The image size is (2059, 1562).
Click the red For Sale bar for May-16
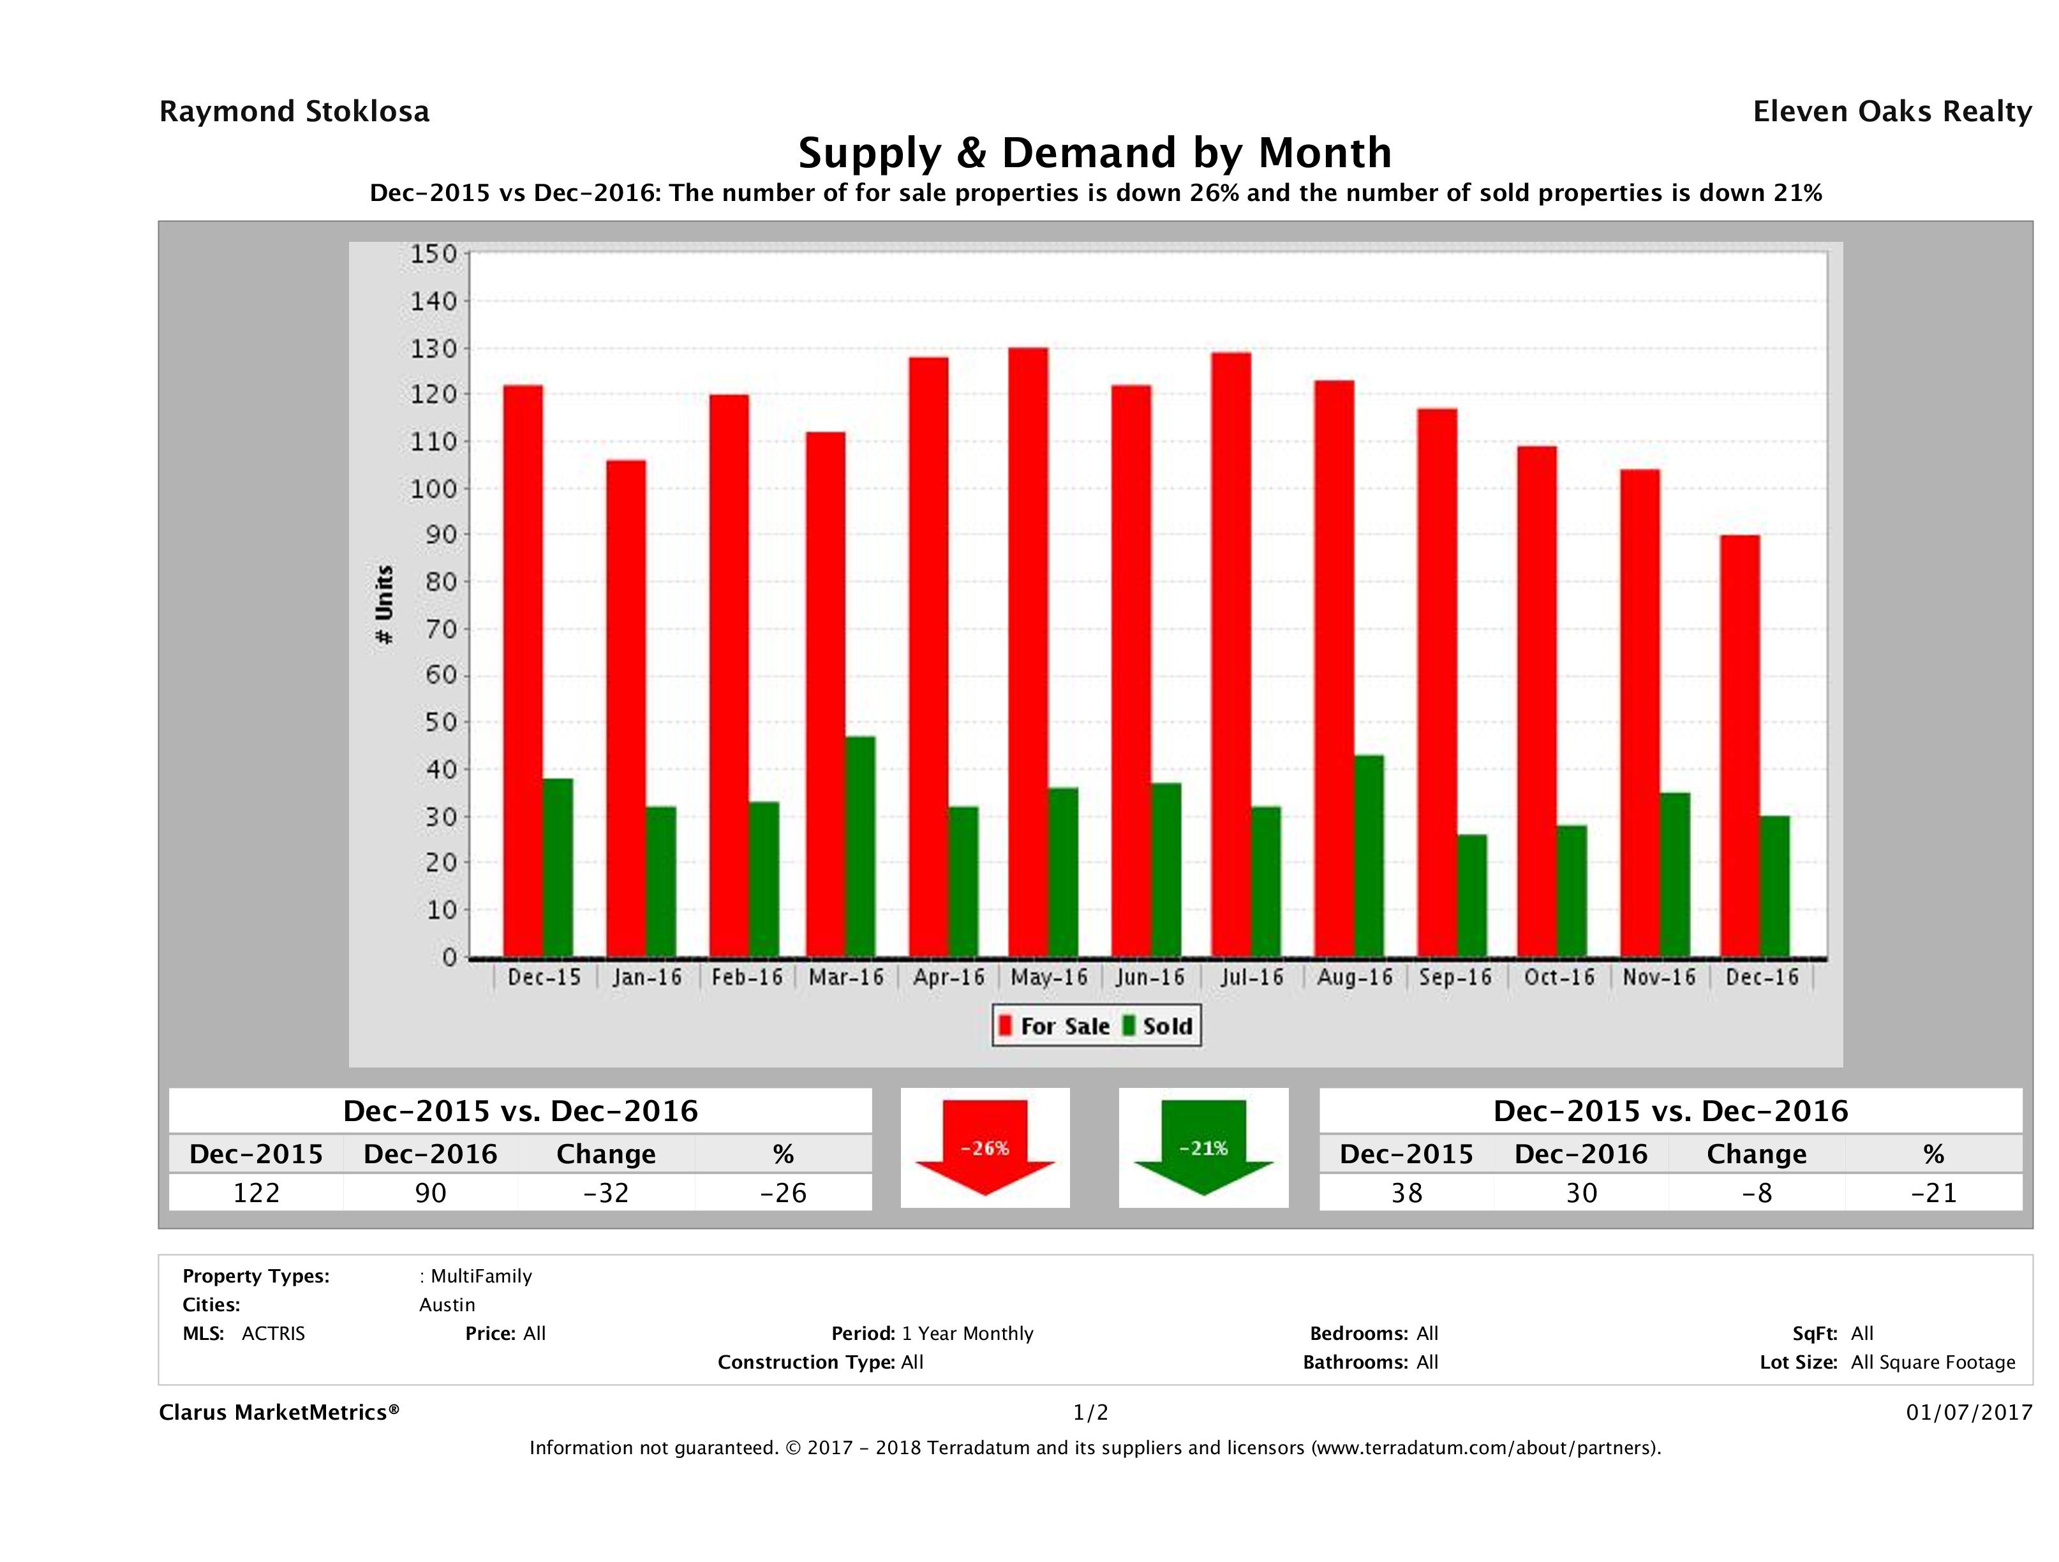click(x=1028, y=651)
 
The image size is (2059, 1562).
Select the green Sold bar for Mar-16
click(x=860, y=847)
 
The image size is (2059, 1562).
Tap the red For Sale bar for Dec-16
click(x=1740, y=745)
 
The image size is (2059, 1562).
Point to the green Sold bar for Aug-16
click(x=1369, y=856)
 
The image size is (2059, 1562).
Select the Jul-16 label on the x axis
click(x=1252, y=978)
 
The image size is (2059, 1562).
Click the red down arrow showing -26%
click(x=985, y=1147)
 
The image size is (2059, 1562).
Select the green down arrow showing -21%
click(x=1203, y=1147)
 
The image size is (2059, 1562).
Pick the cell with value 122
click(x=256, y=1193)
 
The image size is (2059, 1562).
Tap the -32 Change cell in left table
click(x=606, y=1193)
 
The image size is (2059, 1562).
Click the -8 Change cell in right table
click(x=1757, y=1193)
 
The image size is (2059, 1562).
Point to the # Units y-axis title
click(x=383, y=605)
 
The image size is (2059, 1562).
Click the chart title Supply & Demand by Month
click(x=1095, y=152)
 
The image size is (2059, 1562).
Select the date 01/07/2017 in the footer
click(x=1968, y=1412)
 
